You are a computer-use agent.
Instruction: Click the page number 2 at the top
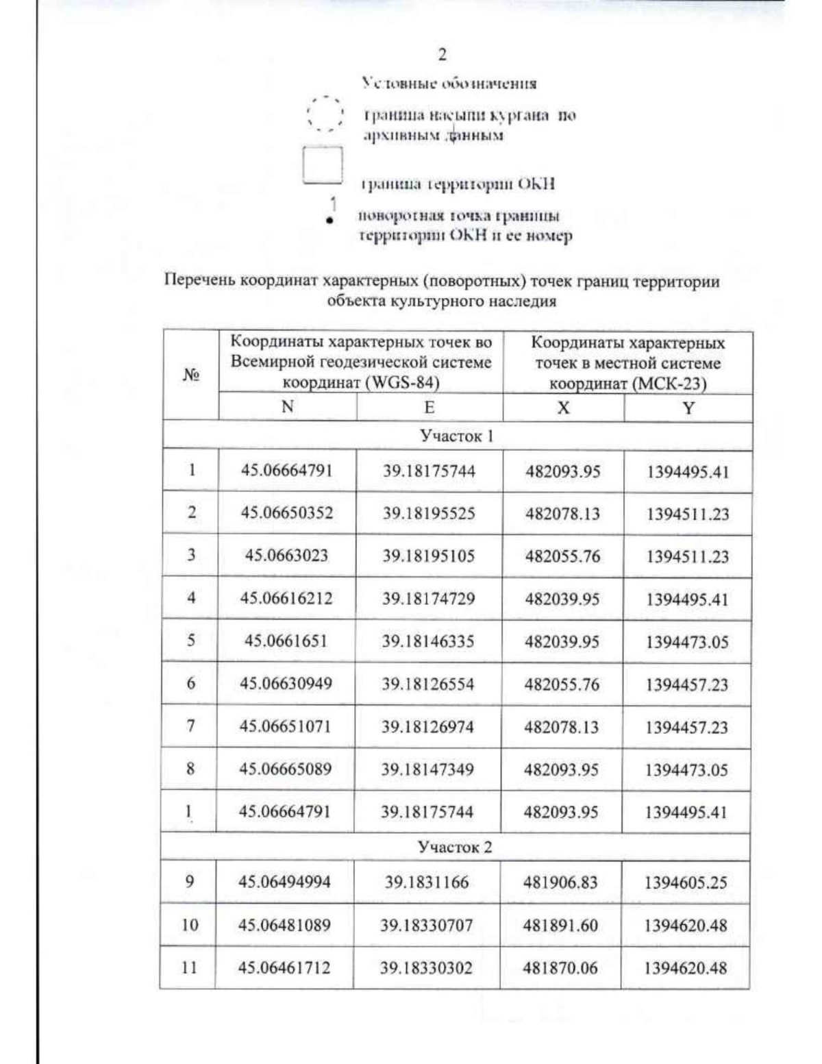443,55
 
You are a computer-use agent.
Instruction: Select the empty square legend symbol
323,165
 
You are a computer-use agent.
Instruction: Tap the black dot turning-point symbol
330,221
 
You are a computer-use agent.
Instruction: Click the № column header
191,375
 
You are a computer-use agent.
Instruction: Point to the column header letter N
288,407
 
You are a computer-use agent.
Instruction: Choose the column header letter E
429,408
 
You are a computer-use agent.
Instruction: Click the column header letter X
563,408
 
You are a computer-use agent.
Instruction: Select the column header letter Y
688,408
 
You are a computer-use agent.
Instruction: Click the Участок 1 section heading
457,436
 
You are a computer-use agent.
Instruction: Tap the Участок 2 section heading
455,847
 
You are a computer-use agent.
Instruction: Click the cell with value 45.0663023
286,555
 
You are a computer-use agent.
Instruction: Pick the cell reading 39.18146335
428,641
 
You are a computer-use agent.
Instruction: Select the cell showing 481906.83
560,882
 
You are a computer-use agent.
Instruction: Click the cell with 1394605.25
685,883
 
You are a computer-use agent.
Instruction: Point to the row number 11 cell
189,967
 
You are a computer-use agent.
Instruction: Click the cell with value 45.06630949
286,683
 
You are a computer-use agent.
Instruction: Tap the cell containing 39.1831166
426,882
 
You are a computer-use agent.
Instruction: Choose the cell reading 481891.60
560,926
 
